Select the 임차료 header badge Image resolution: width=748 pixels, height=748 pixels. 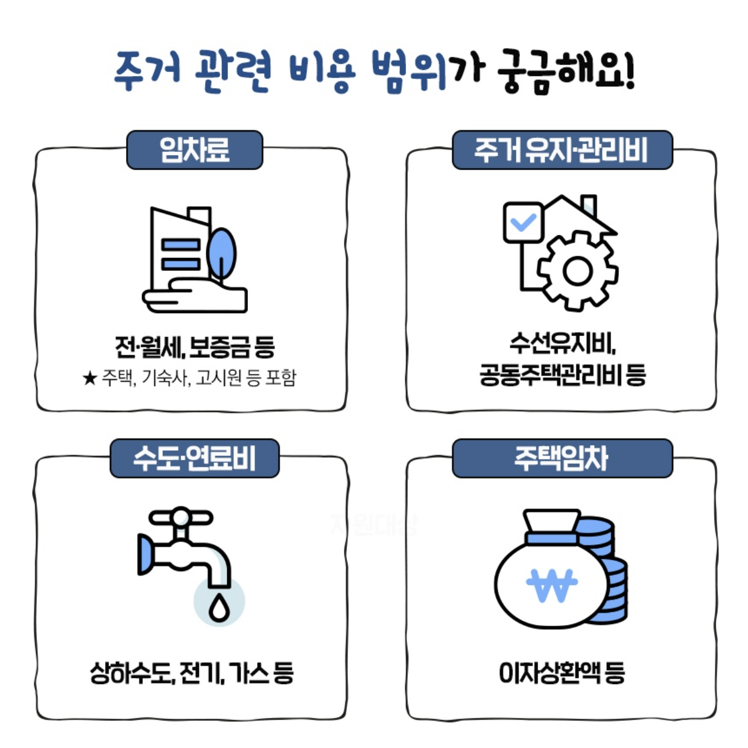coord(194,150)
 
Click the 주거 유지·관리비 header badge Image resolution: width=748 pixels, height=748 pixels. coord(562,150)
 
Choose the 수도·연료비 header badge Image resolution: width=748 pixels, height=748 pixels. coord(194,458)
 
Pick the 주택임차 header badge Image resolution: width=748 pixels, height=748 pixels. coord(562,458)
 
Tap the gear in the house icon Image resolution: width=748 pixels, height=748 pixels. coord(577,271)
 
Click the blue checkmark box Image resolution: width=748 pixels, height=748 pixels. coord(523,223)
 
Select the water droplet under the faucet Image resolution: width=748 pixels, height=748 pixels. coord(219,606)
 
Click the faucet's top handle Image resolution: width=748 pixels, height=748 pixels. coord(181,518)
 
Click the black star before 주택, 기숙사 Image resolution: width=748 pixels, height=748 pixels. coord(89,379)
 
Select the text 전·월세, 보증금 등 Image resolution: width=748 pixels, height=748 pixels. coord(194,347)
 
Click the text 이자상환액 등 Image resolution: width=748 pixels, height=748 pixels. coord(562,673)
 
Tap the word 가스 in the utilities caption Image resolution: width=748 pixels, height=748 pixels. coord(248,673)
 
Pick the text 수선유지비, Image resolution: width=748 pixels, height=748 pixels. coord(562,344)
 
